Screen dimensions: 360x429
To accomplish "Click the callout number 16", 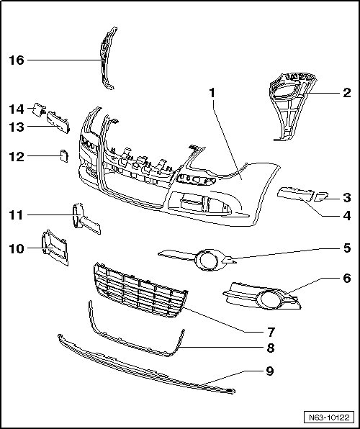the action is pos(17,60).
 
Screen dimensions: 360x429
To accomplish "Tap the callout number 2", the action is pos(346,93).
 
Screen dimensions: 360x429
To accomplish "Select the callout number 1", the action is pos(212,93).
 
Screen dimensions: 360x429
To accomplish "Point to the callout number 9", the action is pos(270,371).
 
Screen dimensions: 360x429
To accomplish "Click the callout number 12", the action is pos(17,157).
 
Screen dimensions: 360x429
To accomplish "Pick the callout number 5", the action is pos(347,248).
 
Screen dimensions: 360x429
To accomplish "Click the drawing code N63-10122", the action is pos(329,417).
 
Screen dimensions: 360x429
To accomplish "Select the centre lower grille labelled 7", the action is pos(140,290).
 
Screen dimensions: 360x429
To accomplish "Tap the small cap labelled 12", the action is pos(64,156).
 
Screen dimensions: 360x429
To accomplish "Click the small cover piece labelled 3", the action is pos(321,197).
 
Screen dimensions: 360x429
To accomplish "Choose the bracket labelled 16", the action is pos(107,58).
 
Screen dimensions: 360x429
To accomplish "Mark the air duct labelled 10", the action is pos(55,248).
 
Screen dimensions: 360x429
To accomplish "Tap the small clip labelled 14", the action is pos(38,109).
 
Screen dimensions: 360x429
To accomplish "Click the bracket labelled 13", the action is pos(58,122).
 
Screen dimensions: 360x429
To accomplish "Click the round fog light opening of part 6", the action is pos(269,300).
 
